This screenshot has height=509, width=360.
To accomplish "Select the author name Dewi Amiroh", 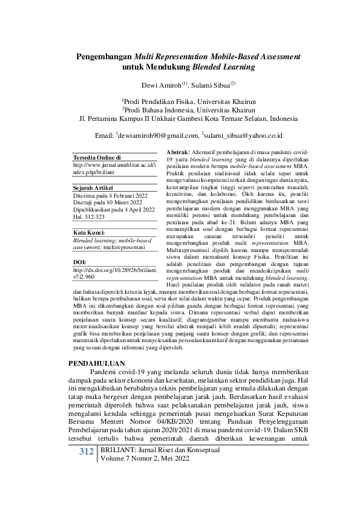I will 159,86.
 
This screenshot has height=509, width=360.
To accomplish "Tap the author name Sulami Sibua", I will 208,86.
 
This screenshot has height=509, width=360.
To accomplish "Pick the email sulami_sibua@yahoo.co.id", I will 241,135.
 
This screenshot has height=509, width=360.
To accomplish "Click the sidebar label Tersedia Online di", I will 97,157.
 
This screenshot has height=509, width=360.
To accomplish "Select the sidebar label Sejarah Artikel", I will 94,188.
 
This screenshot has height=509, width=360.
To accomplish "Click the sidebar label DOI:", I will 80,262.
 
